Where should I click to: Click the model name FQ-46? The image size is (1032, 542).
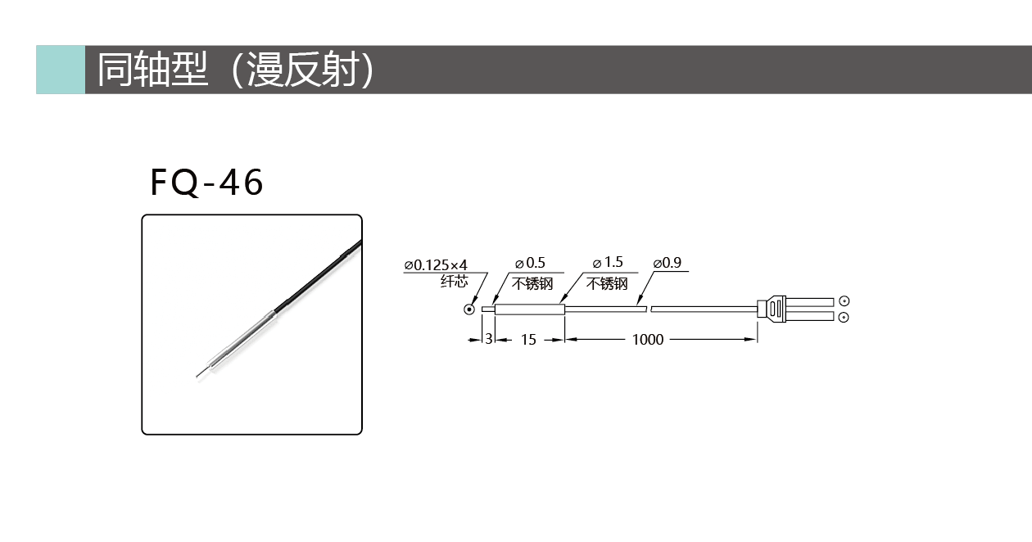[207, 183]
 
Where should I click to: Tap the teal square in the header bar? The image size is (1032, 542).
[61, 70]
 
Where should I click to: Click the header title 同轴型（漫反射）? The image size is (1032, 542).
[235, 70]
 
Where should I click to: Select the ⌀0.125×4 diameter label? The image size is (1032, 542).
[436, 265]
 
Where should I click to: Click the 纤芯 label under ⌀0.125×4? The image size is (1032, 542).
[454, 281]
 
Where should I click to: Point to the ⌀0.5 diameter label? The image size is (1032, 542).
[530, 263]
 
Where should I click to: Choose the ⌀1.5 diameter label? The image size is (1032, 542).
[608, 263]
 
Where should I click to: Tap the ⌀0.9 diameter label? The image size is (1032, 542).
[667, 263]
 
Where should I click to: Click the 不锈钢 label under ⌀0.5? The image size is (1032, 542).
[532, 283]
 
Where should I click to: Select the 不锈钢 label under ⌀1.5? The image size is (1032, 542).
[607, 283]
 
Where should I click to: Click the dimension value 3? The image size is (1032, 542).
[489, 340]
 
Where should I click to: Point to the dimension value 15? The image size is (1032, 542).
[528, 340]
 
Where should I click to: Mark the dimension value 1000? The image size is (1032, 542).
[648, 340]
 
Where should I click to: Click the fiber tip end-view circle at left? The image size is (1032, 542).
[469, 309]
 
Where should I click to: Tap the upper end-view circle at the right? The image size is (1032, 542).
[844, 301]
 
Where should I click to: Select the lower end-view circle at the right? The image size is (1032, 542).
[844, 318]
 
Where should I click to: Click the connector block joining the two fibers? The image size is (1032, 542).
[772, 309]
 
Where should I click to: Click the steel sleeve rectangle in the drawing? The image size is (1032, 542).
[530, 309]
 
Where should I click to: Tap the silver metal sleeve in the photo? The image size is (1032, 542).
[242, 340]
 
